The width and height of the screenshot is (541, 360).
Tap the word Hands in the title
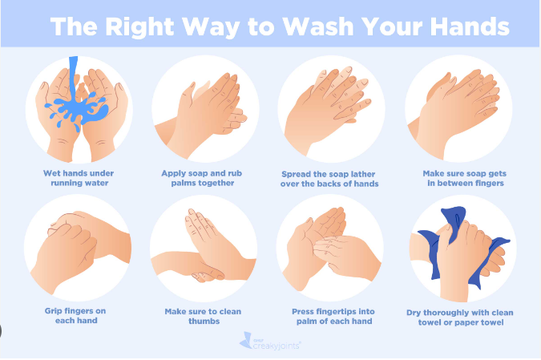click(470, 26)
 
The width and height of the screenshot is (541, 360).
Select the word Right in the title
click(139, 27)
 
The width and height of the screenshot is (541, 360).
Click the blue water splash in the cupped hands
click(77, 110)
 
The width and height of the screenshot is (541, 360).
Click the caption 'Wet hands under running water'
click(79, 178)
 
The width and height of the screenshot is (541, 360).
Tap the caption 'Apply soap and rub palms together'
click(202, 178)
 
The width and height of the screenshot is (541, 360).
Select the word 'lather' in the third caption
click(362, 174)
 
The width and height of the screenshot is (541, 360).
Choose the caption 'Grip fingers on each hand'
click(75, 315)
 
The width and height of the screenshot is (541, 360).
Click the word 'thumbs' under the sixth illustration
click(204, 321)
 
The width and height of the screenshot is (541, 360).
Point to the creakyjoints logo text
click(277, 346)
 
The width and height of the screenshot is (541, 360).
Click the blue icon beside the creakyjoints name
click(246, 341)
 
